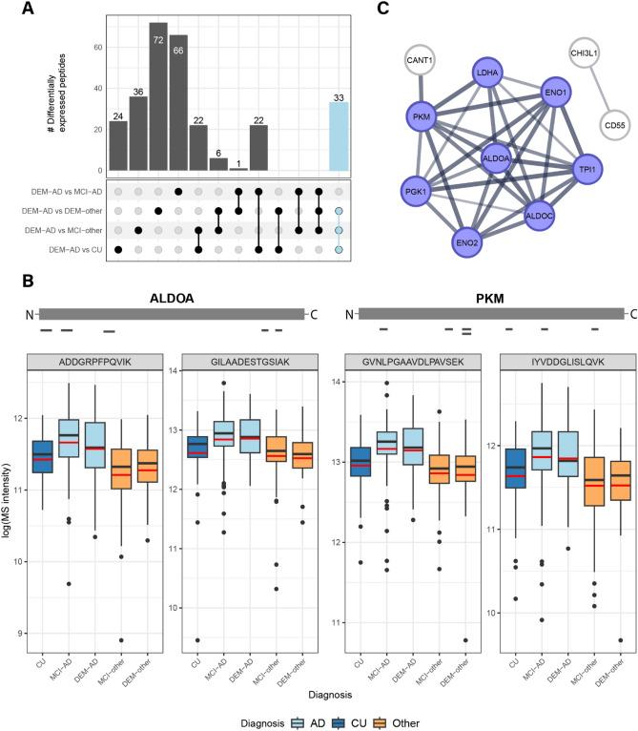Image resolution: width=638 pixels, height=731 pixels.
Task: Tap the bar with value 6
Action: (x=219, y=163)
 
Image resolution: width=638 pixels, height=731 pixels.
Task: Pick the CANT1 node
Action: (x=416, y=62)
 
